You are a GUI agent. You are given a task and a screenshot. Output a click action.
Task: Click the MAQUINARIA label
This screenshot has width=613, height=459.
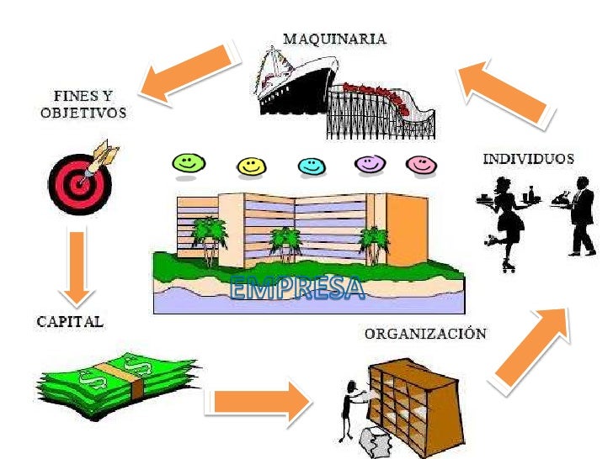tap(333, 39)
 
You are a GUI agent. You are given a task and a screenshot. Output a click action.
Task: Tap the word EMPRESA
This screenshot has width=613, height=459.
tap(299, 289)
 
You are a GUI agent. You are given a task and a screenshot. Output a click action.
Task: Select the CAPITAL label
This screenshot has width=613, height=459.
tap(70, 321)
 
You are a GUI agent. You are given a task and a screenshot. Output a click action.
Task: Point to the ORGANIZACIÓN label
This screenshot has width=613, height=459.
tap(424, 334)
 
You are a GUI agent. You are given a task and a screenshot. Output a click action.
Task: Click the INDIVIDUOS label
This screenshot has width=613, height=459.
tap(528, 159)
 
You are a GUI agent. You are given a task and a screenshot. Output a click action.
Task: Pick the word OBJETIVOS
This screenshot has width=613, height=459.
tap(83, 113)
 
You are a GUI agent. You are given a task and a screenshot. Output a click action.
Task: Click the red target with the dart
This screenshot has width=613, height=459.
tap(79, 177)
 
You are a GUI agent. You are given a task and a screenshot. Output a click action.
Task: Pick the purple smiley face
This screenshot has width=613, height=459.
tap(369, 165)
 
